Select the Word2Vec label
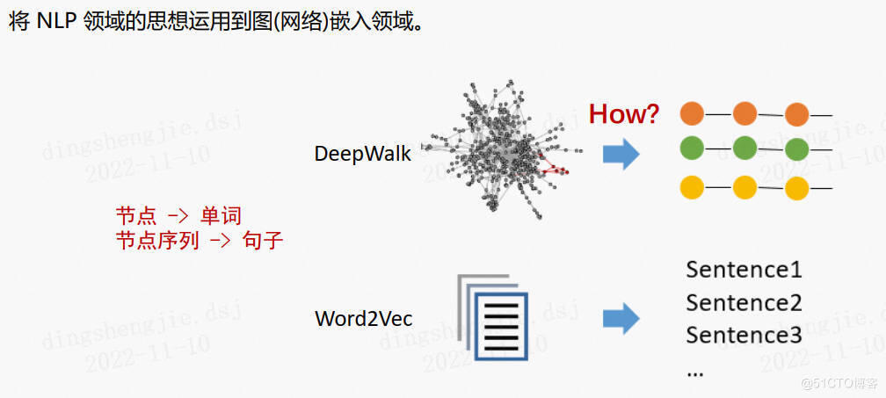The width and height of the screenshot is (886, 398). pos(364,318)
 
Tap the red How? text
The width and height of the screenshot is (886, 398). pos(624,113)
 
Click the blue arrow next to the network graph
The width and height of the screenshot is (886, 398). pos(621,154)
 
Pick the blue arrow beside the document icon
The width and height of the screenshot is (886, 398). pos(621,317)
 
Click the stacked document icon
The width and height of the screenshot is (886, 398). pos(494,317)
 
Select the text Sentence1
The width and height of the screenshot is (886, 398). pos(744,269)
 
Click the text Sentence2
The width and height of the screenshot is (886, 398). pos(744,302)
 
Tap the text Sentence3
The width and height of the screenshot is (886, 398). pos(744,335)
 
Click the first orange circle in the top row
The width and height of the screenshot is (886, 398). pos(693,114)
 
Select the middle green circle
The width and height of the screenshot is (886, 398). pos(744,148)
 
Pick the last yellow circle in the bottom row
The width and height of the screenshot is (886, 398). pos(796,188)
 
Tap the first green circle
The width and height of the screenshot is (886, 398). pos(693,148)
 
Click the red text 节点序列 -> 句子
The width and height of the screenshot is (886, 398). pos(200,241)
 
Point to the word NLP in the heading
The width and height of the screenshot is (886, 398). pos(57,22)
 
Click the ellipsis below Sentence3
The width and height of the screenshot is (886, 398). pos(695,371)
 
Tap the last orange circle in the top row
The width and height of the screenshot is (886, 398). pos(796,114)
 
